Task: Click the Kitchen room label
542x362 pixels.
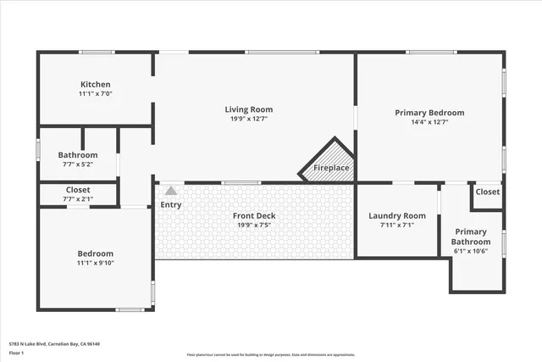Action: point(96,84)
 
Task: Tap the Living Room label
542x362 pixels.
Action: point(249,109)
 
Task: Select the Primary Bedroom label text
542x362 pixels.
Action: point(429,113)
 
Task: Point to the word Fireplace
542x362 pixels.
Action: point(330,168)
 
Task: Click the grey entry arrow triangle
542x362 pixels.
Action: point(171,191)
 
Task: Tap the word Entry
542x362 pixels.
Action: point(171,204)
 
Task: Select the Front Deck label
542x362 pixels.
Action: point(254,215)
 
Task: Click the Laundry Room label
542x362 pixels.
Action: point(397,215)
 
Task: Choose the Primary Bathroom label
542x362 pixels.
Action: point(471,237)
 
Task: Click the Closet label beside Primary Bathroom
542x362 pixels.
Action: point(488,192)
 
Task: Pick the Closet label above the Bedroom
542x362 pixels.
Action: point(78,190)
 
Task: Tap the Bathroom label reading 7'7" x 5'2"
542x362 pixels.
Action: point(78,164)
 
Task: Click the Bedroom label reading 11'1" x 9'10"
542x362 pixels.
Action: point(96,262)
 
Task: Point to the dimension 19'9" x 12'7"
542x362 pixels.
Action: point(249,120)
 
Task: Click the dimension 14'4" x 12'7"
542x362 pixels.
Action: point(429,122)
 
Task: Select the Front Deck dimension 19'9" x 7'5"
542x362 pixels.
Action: point(254,226)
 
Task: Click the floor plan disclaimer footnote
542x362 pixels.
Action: point(271,355)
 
